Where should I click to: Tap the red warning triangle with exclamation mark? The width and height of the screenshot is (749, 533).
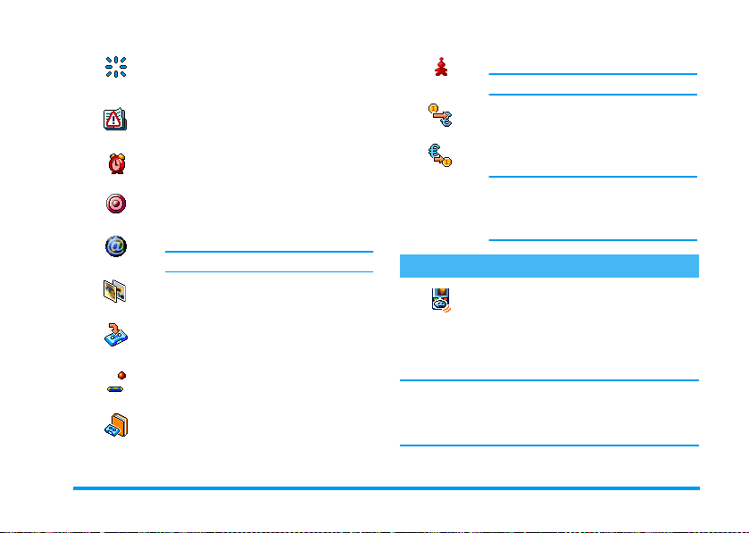[114, 120]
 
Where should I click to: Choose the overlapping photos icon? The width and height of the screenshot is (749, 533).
[114, 290]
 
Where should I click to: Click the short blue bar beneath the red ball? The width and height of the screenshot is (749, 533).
[114, 389]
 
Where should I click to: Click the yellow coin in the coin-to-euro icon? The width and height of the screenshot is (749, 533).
[432, 108]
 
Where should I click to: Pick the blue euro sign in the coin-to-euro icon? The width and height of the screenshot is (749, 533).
[446, 121]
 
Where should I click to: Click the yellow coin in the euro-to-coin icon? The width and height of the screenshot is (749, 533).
[447, 162]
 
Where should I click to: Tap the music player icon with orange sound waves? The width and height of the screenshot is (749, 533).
[438, 299]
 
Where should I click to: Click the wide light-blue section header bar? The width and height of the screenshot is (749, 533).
[547, 265]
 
